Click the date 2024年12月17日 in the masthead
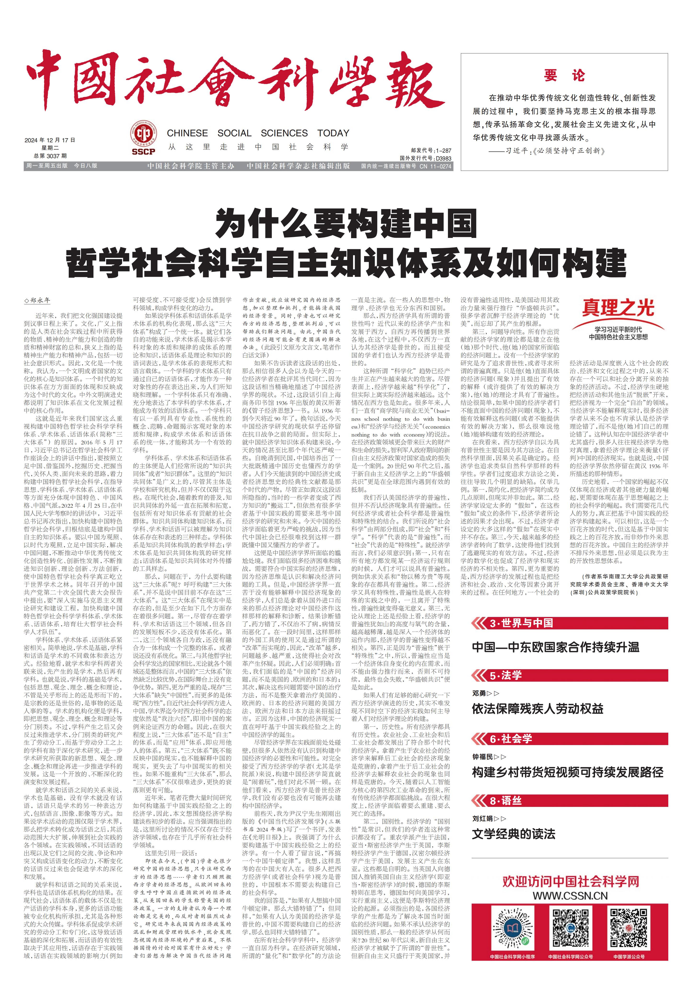(x=50, y=140)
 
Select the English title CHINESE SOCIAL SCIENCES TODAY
(x=258, y=133)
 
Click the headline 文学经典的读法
(x=513, y=834)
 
